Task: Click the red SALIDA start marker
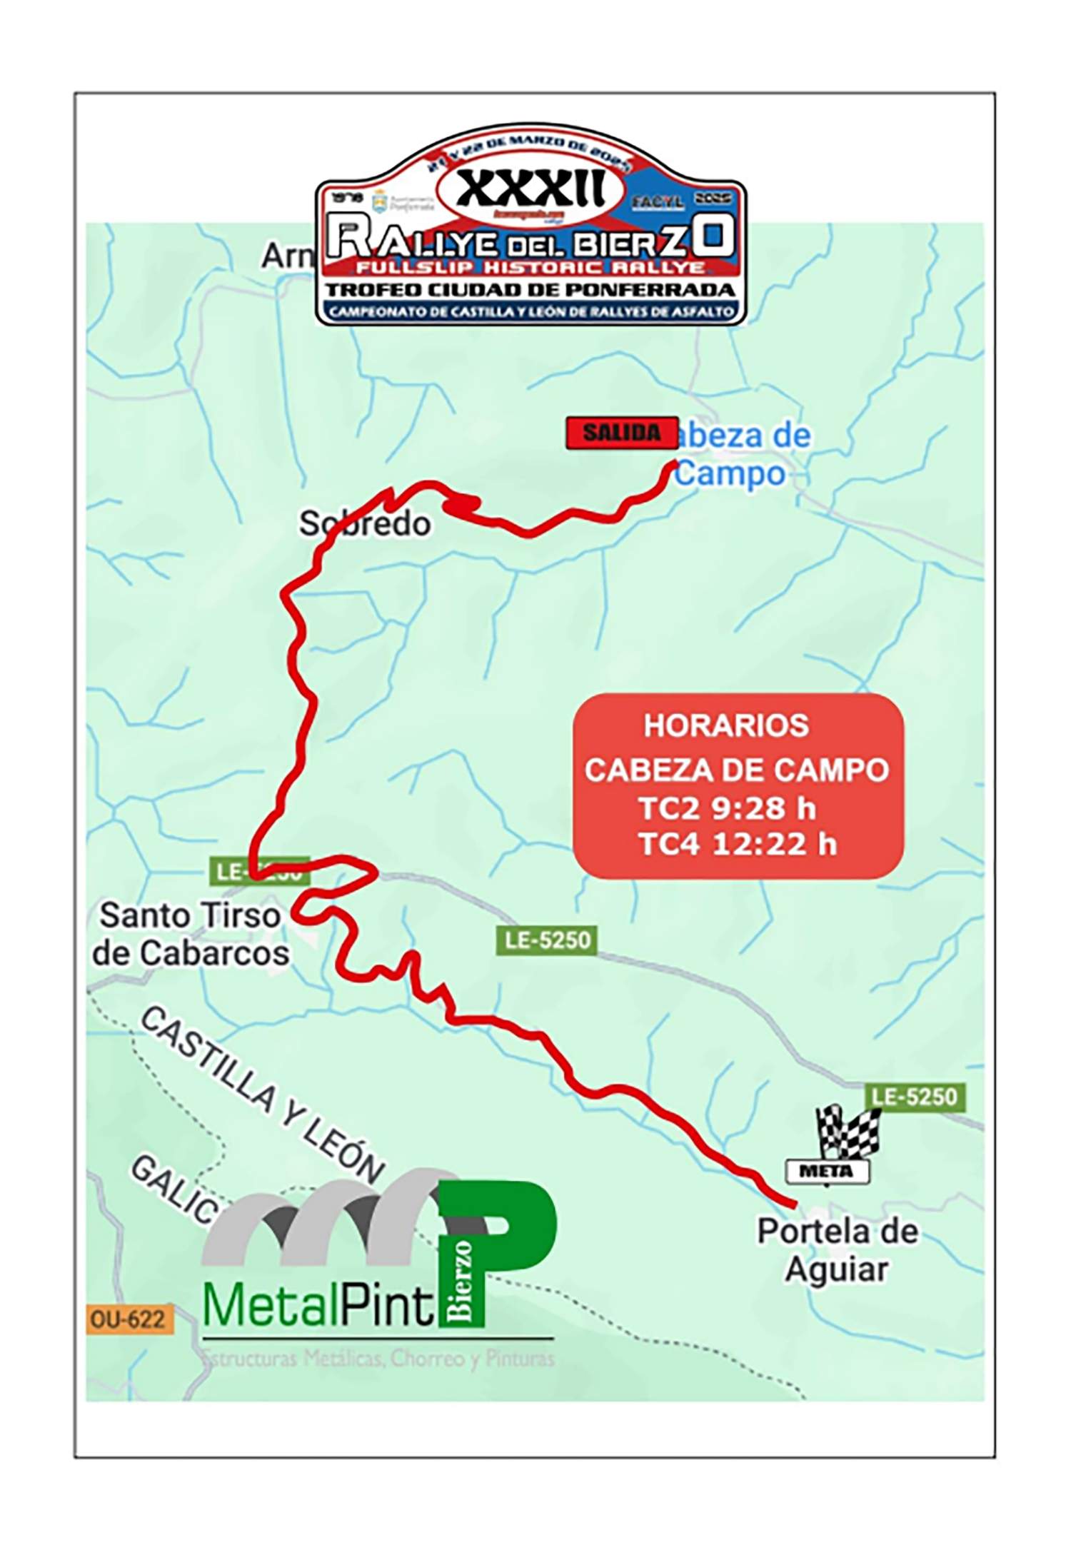621,433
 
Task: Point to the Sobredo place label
365,524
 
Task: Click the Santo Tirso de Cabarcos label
191,934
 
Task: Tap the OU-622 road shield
128,1319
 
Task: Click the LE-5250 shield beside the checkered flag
915,1097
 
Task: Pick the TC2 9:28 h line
726,808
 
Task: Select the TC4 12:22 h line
737,844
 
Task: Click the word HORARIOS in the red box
726,725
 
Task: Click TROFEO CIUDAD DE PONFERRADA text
531,290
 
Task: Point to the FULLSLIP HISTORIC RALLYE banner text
531,268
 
